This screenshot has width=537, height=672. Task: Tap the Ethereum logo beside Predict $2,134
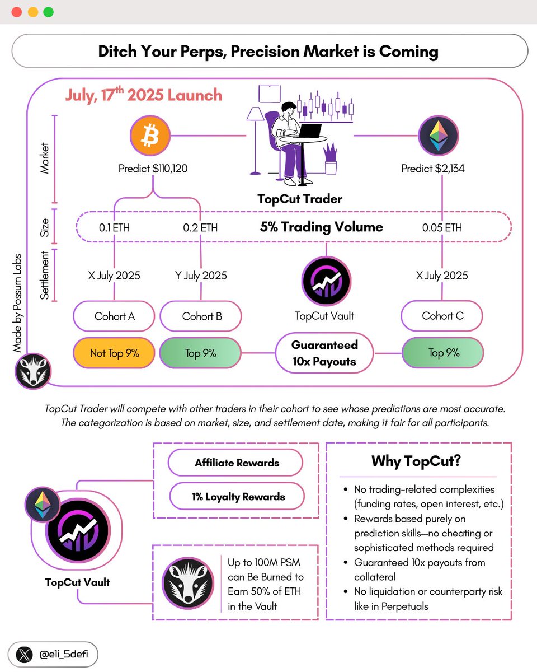439,136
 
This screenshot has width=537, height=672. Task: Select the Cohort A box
114,316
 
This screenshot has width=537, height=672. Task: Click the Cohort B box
201,316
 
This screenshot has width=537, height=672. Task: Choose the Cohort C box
442,316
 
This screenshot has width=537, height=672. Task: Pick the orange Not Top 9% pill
114,353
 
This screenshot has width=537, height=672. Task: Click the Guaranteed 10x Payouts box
324,353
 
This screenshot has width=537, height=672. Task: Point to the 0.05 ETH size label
442,227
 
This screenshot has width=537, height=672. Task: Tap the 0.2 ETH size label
200,227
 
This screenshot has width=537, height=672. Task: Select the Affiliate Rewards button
236,463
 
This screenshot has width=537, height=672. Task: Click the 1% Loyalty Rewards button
236,496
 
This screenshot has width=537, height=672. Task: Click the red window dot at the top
16,12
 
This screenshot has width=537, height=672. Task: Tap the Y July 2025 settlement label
200,275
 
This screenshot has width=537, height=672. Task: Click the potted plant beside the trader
331,159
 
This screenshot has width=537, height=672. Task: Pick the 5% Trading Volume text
322,227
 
